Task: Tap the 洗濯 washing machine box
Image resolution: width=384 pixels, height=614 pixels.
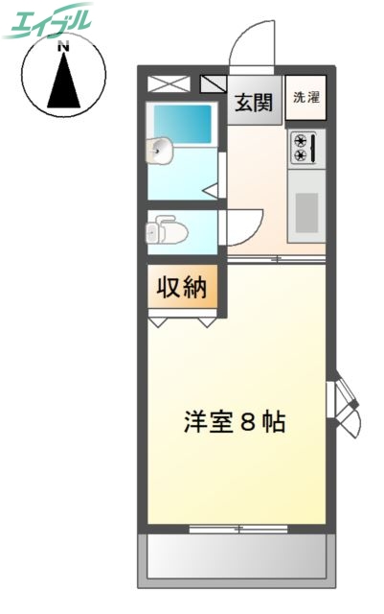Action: (306, 97)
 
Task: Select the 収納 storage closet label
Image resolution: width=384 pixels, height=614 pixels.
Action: (182, 288)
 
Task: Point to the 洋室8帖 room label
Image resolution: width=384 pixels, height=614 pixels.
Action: (234, 422)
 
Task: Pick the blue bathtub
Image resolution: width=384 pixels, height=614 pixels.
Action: (183, 123)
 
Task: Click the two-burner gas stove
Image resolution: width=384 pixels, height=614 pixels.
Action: (306, 146)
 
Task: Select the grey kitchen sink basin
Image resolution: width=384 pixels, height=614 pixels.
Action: (306, 211)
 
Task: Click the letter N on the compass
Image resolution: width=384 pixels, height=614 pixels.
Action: (63, 45)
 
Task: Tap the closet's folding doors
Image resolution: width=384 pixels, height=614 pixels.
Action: (182, 321)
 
